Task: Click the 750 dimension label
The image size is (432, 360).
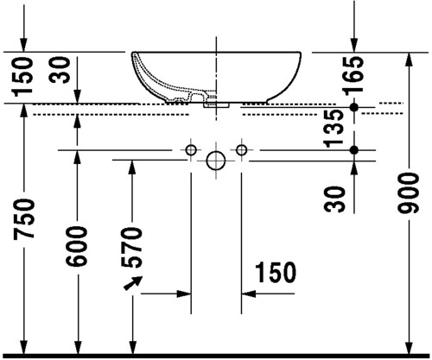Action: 23,218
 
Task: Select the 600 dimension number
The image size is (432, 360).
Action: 76,246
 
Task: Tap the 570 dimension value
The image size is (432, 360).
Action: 131,247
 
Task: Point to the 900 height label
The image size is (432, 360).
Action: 408,193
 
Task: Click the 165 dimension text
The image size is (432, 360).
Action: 353,75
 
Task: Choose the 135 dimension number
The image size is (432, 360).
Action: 334,128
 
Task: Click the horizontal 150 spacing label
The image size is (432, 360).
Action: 276,272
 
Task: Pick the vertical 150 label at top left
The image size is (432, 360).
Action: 22,76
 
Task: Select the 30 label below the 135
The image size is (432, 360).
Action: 334,199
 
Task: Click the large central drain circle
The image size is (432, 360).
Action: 216,161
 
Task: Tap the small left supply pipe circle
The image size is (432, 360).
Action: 191,150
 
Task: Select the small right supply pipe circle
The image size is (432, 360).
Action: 241,150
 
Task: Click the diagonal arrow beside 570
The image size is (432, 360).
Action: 132,283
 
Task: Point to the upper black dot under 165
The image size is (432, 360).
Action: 354,107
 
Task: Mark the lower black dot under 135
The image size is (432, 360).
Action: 354,150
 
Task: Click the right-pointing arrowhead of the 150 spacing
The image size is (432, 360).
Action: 184,294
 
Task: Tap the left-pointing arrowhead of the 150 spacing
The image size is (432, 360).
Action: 249,294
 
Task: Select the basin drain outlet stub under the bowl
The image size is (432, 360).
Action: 216,105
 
